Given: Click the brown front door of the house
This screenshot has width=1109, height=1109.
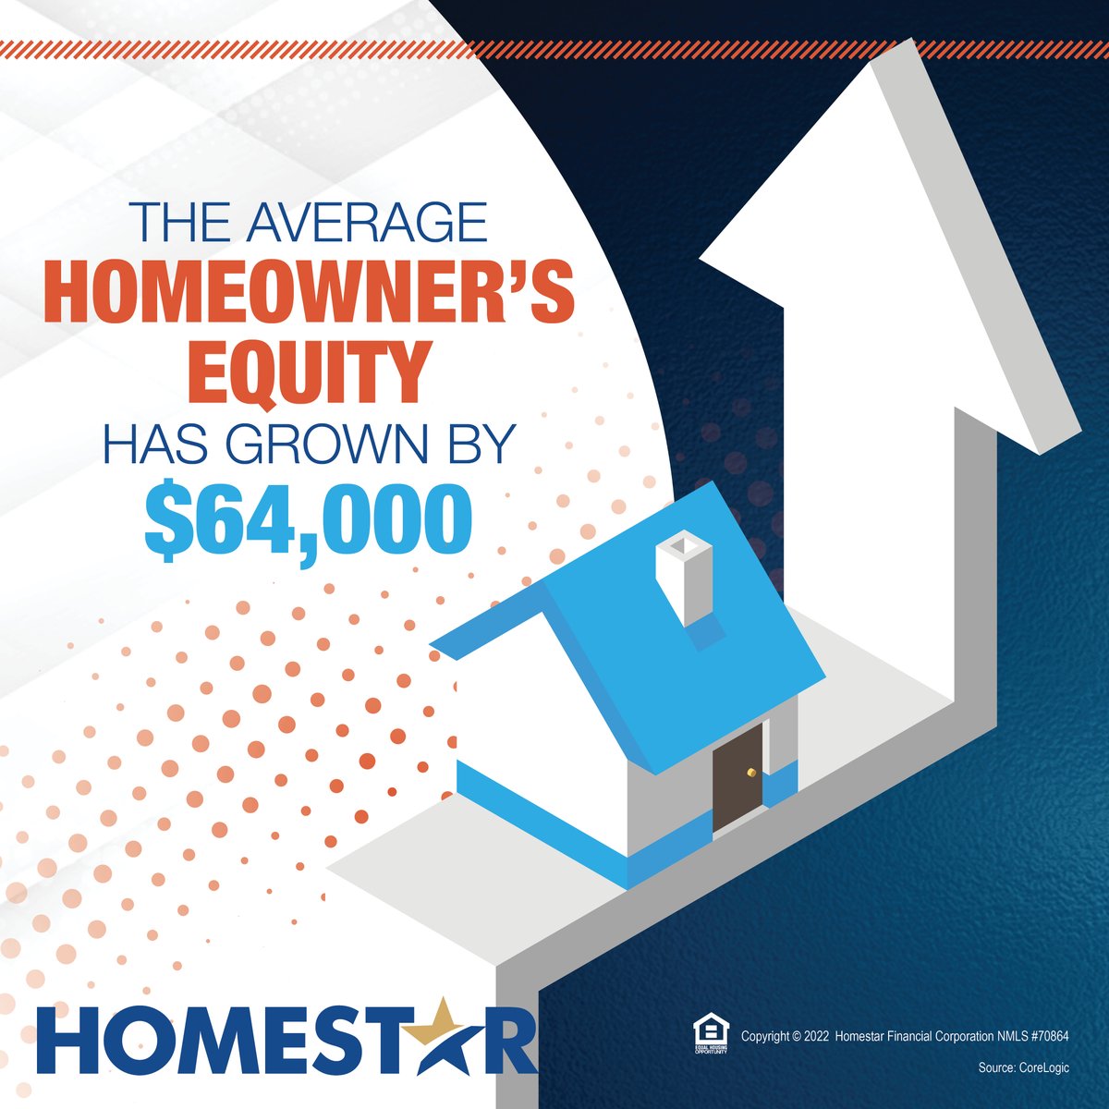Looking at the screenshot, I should [x=737, y=776].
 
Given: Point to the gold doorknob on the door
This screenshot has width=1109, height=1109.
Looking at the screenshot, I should [x=751, y=770].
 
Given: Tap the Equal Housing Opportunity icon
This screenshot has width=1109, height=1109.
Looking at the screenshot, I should [x=710, y=1034].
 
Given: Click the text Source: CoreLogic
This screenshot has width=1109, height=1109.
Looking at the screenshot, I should [x=1023, y=1067].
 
